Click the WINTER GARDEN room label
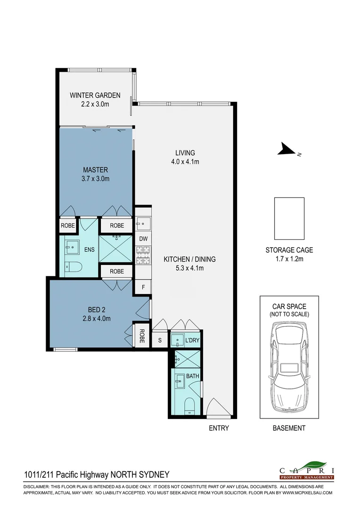[x=95, y=95]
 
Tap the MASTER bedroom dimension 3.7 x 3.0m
[x=96, y=179]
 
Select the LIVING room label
[x=185, y=153]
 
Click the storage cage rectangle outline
[x=289, y=218]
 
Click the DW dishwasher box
[x=143, y=239]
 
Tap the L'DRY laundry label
[x=192, y=340]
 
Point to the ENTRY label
[x=219, y=428]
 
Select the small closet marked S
[x=160, y=340]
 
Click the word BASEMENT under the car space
[x=289, y=428]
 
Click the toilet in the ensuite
[x=74, y=267]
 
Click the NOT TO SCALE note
[x=289, y=314]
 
